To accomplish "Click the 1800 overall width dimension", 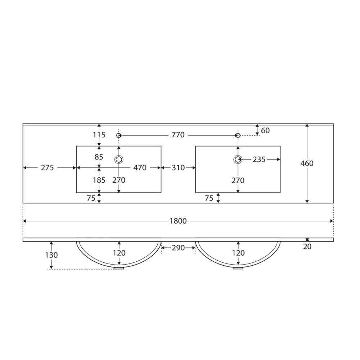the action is (178, 221).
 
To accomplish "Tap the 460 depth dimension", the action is (307, 163).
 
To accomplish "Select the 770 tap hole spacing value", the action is (178, 135).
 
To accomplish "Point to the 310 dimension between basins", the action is (178, 168).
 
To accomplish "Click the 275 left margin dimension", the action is (47, 168).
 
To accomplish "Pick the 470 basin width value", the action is (140, 168).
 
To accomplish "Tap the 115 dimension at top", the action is (99, 135).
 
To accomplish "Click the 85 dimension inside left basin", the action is (99, 157).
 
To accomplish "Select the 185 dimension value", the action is (99, 180).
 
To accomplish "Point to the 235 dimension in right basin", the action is (259, 159).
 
